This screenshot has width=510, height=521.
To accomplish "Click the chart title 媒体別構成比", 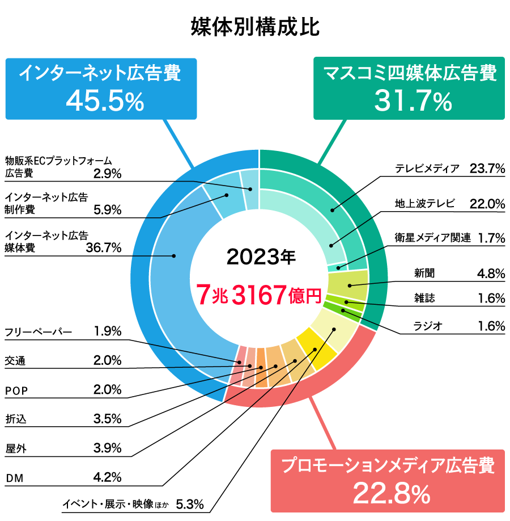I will coord(255,27).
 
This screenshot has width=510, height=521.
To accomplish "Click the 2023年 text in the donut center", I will coord(261,257).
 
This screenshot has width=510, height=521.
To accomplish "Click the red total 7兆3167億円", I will coord(258,295).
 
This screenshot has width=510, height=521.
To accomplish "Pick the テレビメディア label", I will coord(427,169).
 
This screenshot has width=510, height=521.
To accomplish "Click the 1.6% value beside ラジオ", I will coord(491,326).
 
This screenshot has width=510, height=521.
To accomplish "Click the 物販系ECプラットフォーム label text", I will coord(56,161).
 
